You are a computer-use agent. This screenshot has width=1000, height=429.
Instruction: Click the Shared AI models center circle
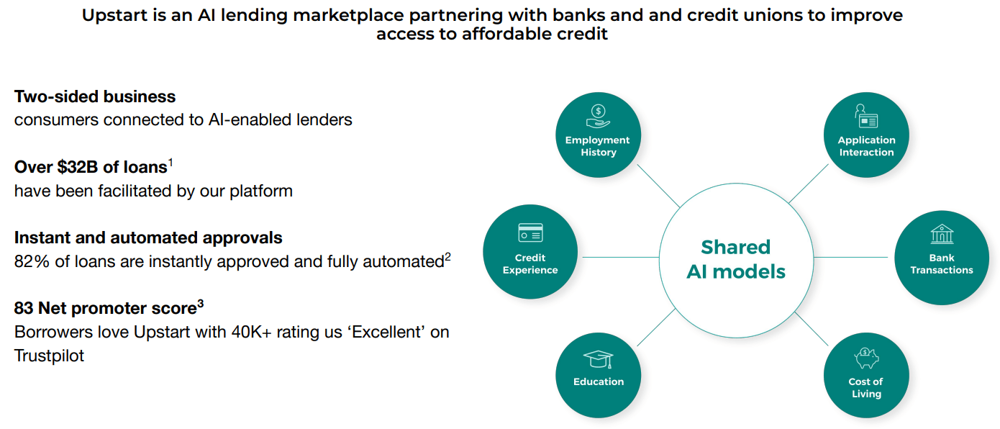click(x=735, y=258)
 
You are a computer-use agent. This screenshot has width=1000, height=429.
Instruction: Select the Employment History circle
click(x=598, y=135)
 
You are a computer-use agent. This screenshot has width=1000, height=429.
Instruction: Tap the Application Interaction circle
click(x=866, y=135)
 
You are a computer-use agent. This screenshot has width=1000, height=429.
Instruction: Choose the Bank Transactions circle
click(x=941, y=258)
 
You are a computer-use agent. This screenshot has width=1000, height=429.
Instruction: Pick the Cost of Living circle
click(x=866, y=375)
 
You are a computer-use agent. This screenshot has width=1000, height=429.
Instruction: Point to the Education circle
click(x=598, y=375)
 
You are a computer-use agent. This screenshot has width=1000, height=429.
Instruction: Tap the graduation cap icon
click(x=598, y=358)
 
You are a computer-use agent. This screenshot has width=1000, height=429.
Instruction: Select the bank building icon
click(x=941, y=234)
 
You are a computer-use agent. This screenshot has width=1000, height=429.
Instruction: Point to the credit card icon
click(x=530, y=233)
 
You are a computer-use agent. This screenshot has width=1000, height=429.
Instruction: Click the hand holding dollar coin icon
click(x=598, y=116)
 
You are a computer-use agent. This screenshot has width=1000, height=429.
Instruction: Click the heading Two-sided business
click(x=95, y=96)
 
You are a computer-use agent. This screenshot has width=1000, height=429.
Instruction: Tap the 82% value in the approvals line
click(x=32, y=262)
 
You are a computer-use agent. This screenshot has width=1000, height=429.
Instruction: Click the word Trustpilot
click(x=49, y=356)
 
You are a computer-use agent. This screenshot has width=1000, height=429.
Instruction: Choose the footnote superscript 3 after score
click(x=201, y=304)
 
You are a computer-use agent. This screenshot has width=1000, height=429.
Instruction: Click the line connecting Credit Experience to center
click(x=618, y=257)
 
